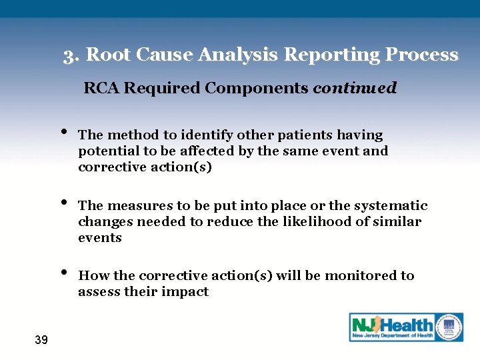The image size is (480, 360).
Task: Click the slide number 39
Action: click(41, 341)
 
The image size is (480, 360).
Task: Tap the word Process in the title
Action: click(424, 55)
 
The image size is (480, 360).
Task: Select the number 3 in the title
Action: click(69, 55)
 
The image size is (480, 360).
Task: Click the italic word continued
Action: click(355, 88)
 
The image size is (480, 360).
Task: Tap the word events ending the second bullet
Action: click(99, 238)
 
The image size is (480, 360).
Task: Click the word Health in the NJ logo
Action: click(407, 325)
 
